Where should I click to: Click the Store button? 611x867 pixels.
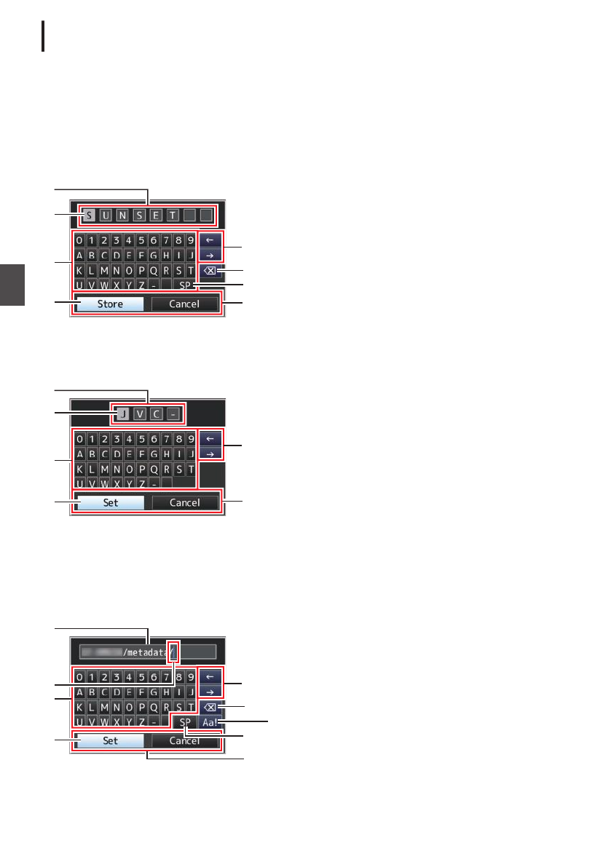110,304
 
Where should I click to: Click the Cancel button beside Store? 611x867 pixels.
184,304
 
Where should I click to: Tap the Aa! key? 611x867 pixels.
208,723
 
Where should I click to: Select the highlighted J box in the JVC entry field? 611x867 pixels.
123,414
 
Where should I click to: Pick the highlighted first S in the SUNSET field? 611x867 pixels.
88,215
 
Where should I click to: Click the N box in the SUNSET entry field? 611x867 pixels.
122,215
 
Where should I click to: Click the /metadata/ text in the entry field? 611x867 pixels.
146,652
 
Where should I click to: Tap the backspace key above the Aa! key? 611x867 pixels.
208,707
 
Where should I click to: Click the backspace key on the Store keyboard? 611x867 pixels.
208,271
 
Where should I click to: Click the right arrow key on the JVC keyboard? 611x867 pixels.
208,454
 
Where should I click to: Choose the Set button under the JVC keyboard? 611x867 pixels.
110,502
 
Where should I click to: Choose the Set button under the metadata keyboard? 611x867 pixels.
110,741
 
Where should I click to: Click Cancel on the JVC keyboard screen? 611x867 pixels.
184,502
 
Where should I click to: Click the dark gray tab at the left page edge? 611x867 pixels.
12,285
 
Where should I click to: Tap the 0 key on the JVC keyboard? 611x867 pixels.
79,439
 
